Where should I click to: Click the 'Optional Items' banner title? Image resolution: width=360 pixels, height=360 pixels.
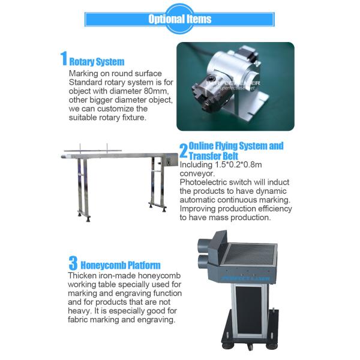(180, 19)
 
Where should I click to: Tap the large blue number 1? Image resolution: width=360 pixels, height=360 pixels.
(64, 58)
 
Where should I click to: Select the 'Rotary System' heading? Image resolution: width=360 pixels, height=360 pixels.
(97, 62)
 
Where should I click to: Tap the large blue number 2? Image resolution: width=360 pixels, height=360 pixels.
(184, 151)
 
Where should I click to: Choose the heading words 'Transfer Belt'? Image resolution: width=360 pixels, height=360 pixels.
(214, 156)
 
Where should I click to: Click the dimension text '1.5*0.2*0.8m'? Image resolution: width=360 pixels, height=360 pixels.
(238, 164)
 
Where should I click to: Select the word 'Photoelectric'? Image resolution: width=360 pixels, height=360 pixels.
(203, 182)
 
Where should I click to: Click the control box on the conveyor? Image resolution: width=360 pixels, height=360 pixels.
(169, 161)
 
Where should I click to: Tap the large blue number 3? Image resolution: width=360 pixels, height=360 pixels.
(73, 263)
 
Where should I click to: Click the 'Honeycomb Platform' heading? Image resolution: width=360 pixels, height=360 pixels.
(121, 265)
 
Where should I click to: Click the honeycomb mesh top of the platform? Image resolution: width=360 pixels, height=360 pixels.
(250, 254)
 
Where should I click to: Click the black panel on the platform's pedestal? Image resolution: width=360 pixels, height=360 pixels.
(249, 310)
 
